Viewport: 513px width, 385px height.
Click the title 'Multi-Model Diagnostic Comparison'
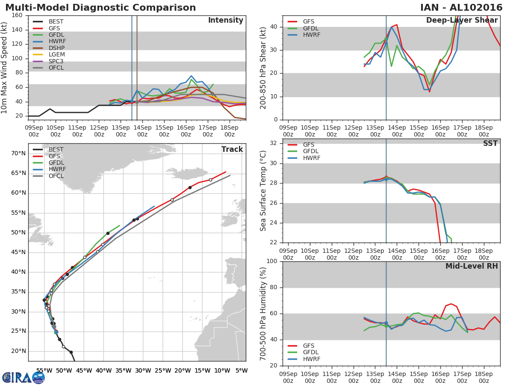(x=100, y=8)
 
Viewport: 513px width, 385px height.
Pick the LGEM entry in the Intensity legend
(x=57, y=54)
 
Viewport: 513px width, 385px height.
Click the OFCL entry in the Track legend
(x=56, y=176)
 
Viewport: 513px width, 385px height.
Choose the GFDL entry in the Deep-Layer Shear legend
(x=311, y=28)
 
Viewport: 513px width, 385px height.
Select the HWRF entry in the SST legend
(x=311, y=158)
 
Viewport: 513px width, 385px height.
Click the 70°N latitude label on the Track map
(x=18, y=153)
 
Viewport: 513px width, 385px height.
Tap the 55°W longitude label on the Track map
(x=44, y=370)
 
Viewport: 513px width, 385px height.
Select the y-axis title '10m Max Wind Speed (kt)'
(x=5, y=68)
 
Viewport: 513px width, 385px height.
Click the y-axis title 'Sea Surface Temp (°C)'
(x=263, y=191)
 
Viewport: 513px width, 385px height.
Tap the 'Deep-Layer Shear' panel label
(x=462, y=21)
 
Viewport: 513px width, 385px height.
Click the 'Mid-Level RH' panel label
(x=472, y=266)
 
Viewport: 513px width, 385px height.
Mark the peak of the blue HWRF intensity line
(x=191, y=76)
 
